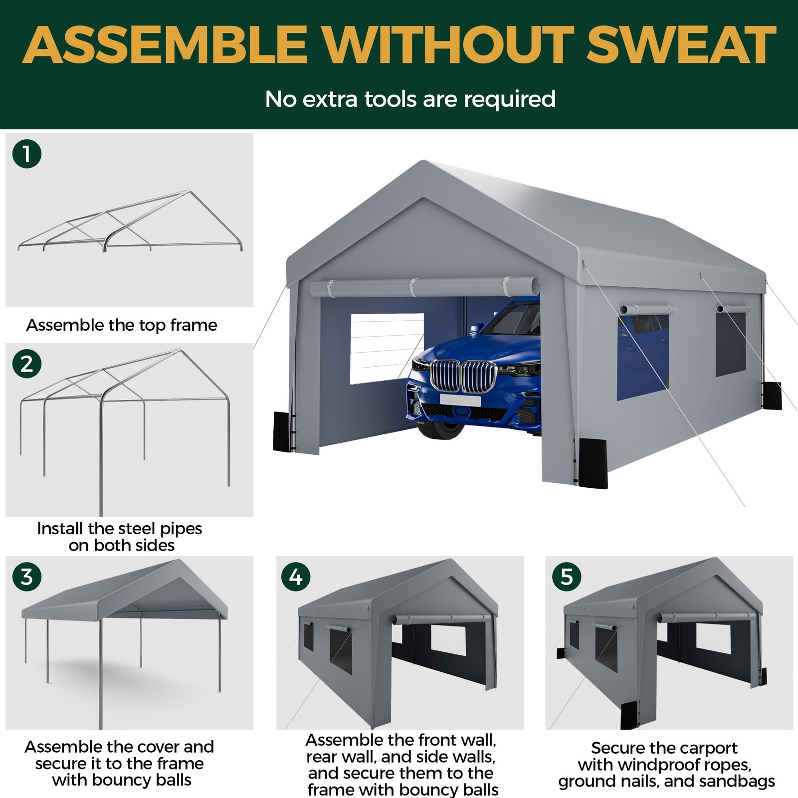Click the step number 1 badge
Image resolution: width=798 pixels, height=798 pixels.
click(x=27, y=154)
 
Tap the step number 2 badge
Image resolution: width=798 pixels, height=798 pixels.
click(x=27, y=364)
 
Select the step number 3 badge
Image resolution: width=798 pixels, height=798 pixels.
click(x=27, y=577)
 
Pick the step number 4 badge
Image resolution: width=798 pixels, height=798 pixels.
click(x=296, y=577)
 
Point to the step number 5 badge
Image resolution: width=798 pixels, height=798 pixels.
click(x=567, y=577)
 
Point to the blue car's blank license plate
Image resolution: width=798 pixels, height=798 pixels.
click(x=460, y=400)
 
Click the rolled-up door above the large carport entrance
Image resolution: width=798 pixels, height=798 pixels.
click(x=424, y=287)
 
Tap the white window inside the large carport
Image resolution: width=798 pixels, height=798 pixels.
click(x=387, y=349)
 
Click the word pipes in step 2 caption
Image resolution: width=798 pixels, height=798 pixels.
click(x=181, y=529)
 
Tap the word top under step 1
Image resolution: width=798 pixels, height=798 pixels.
click(x=152, y=326)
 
